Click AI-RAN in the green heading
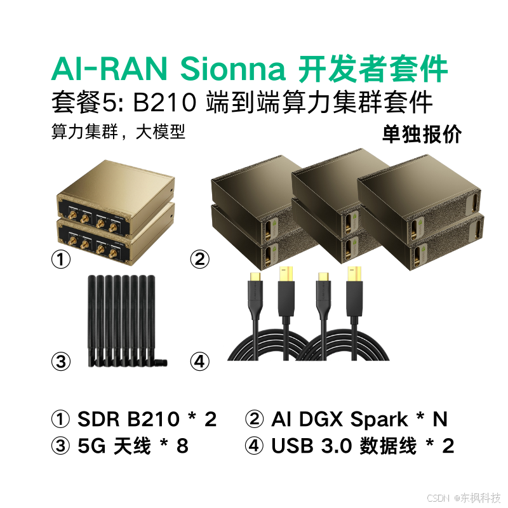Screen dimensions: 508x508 tap(112, 69)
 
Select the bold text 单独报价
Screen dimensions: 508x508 tap(422, 135)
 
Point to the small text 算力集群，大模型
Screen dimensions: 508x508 tap(118, 133)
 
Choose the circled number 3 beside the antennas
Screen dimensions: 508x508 tap(60, 362)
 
